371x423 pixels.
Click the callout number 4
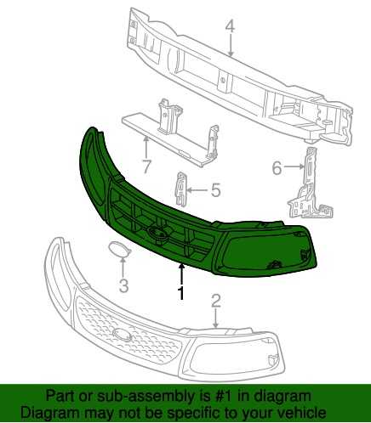[x=231, y=26]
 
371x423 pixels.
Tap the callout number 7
[x=146, y=166]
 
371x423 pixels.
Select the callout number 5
[x=215, y=190]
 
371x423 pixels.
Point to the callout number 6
[x=277, y=168]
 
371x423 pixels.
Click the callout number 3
[x=123, y=285]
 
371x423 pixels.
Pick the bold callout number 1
[x=180, y=293]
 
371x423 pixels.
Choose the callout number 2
[x=215, y=301]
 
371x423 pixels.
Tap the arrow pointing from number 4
[x=231, y=45]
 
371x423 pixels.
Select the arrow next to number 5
[x=198, y=190]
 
